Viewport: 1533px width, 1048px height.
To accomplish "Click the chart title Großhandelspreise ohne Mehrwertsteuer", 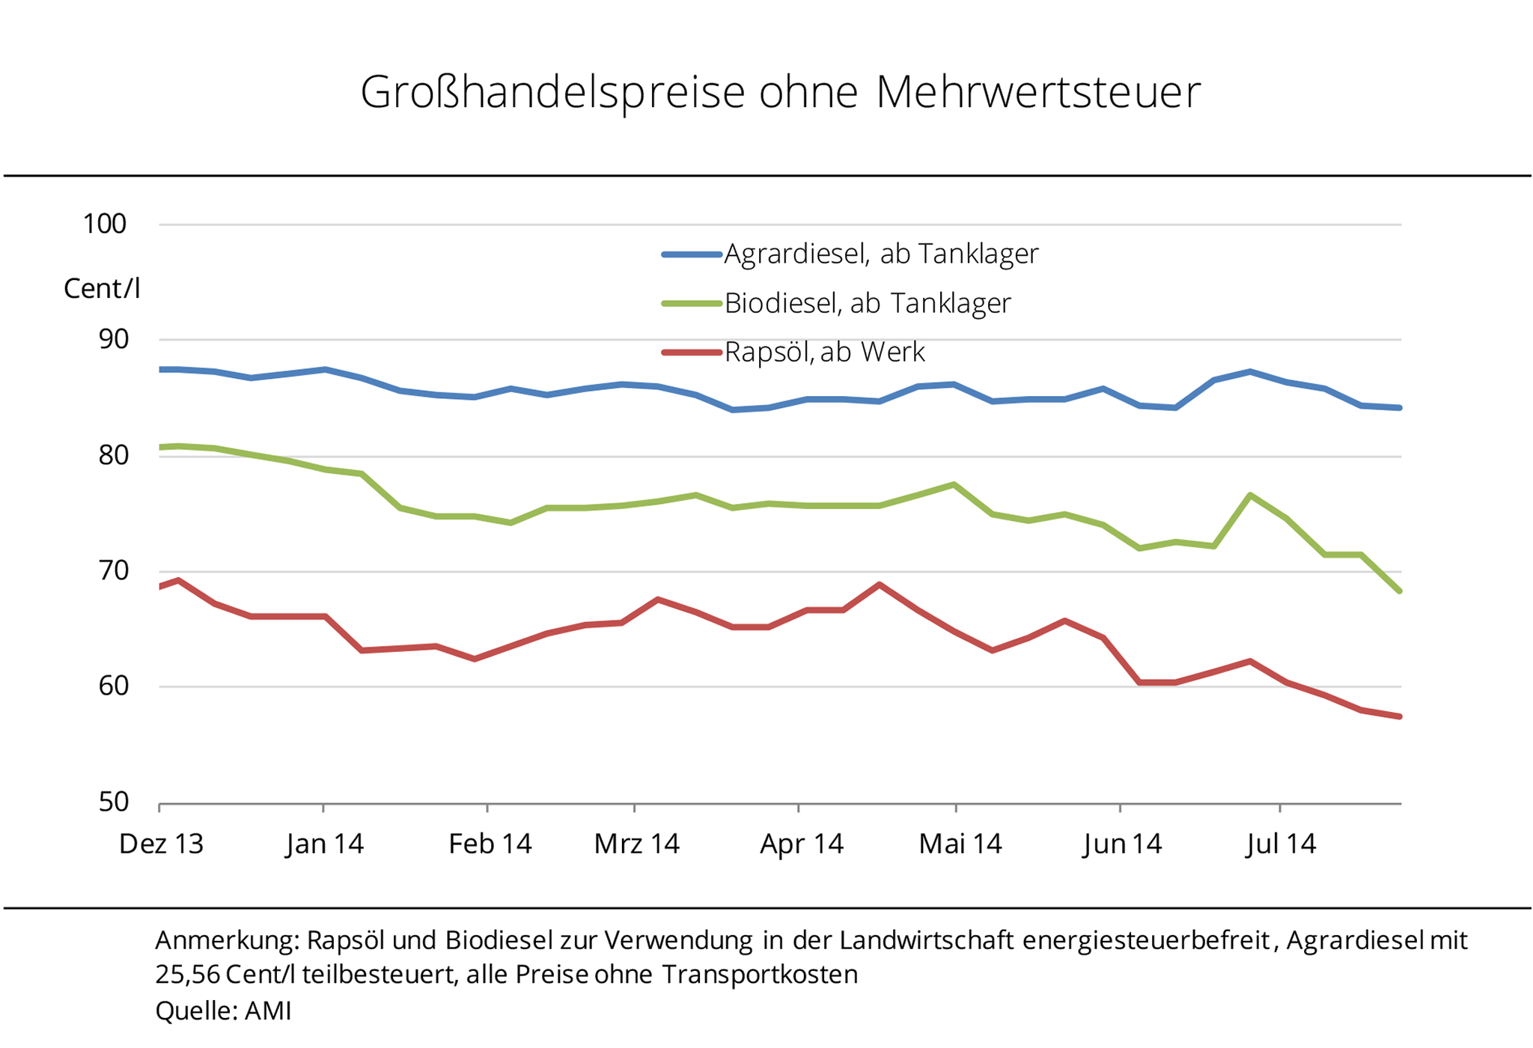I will tap(780, 93).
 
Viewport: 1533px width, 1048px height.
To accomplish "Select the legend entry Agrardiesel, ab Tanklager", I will tap(880, 255).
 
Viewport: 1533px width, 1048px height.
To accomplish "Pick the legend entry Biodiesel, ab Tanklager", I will tap(867, 303).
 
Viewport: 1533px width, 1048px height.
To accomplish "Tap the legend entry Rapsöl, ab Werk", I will tap(824, 352).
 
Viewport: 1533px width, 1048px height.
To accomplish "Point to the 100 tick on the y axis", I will tap(105, 224).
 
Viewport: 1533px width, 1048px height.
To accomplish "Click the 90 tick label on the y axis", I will tap(113, 339).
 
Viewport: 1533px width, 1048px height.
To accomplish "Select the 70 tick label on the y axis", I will tap(113, 570).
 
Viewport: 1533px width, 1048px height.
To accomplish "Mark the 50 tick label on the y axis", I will tap(113, 802).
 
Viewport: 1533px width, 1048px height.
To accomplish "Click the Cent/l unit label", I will tap(102, 289).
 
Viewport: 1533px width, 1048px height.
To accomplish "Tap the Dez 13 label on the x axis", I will tap(161, 844).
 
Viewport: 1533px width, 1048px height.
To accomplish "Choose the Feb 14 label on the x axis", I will tap(490, 844).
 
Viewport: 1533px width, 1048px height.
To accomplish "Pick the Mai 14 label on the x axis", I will tap(960, 844).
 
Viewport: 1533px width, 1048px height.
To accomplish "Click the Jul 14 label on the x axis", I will tap(1281, 844).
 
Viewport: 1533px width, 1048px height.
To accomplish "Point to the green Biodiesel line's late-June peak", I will tap(1250, 496).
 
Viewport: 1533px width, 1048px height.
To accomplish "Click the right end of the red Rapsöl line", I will tap(1398, 716).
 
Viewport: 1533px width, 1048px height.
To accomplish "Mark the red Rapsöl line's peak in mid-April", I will tap(880, 585).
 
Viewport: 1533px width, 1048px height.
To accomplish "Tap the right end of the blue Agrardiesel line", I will tap(1398, 408).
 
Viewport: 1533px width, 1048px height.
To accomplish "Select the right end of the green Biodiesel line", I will tap(1398, 591).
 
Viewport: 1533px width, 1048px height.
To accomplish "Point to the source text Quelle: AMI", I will tap(223, 1011).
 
